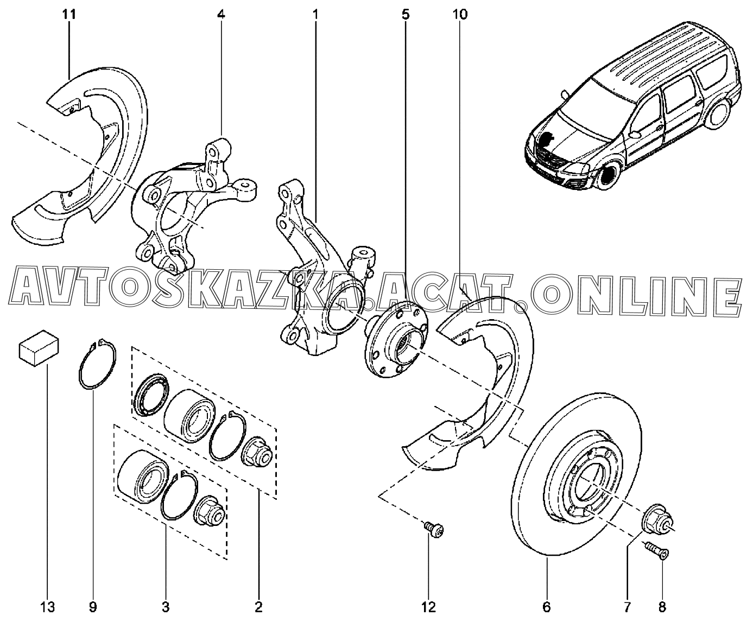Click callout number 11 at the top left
click(69, 15)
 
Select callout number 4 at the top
click(220, 15)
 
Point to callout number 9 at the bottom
click(92, 606)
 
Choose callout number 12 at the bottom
click(429, 606)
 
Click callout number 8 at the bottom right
click(662, 606)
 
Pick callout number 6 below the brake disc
click(547, 606)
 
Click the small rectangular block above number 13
click(39, 347)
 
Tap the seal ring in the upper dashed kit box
click(150, 394)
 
